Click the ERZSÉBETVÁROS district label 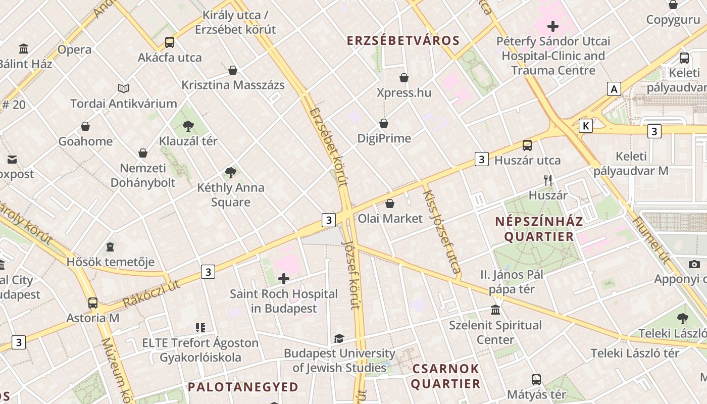tap(402, 41)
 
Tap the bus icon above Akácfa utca tap(170, 42)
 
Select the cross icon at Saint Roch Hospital tap(284, 278)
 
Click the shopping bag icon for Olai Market tap(390, 204)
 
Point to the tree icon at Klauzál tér tap(188, 126)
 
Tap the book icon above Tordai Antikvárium tap(124, 89)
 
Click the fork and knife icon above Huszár tap(548, 180)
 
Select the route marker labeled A tap(614, 89)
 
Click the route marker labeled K tap(586, 126)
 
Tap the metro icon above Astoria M tap(93, 303)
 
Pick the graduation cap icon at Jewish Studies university tap(339, 338)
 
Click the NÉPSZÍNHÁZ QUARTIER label tap(539, 229)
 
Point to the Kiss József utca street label tap(442, 233)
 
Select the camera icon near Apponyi tap(694, 264)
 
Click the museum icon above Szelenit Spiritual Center tap(495, 310)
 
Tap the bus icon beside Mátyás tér tap(536, 379)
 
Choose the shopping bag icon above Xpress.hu tap(404, 78)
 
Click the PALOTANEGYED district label tap(243, 387)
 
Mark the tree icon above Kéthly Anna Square tap(231, 173)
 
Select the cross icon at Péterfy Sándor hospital tap(553, 26)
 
